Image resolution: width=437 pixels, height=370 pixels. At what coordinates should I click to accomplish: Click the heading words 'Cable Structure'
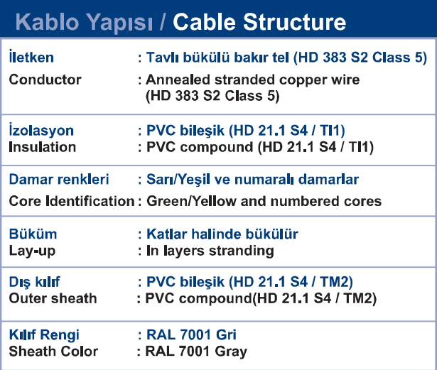[259, 22]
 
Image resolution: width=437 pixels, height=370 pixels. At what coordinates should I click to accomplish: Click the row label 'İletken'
[31, 57]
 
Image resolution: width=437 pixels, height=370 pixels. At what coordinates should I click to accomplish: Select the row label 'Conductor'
[45, 80]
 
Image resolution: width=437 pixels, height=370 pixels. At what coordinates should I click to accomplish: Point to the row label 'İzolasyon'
[41, 130]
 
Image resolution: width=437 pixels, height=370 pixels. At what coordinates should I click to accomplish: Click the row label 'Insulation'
[43, 147]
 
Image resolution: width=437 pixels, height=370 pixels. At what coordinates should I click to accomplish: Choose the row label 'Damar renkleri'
[59, 179]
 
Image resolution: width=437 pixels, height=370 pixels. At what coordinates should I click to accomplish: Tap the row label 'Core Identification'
[72, 201]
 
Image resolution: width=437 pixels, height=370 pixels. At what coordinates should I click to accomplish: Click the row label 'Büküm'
[33, 234]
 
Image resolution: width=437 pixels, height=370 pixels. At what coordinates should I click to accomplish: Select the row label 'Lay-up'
[32, 251]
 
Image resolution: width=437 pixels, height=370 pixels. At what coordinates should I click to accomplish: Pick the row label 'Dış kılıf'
[34, 282]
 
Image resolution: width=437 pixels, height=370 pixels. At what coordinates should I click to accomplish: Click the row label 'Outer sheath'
[53, 298]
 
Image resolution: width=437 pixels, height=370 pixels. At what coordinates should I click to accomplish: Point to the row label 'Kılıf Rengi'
[44, 335]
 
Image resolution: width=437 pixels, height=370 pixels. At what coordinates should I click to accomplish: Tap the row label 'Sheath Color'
[53, 352]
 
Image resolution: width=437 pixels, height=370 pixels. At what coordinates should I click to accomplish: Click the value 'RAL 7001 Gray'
[196, 352]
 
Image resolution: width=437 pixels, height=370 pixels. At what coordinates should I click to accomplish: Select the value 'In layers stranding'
[210, 251]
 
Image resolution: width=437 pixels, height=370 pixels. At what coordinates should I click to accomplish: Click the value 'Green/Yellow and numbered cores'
[264, 201]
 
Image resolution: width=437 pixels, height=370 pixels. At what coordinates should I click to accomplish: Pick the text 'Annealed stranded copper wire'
[253, 80]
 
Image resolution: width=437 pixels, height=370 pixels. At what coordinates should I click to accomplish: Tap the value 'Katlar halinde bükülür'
[222, 234]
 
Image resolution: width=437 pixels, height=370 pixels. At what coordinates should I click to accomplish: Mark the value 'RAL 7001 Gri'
[191, 334]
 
